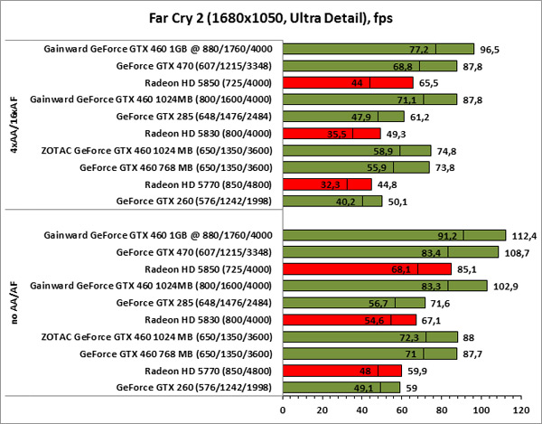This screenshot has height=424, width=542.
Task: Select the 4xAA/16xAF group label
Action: click(12, 125)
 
